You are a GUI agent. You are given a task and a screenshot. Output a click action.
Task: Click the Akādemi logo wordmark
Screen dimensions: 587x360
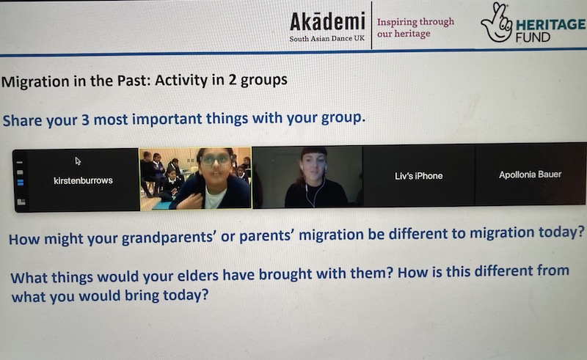click(327, 22)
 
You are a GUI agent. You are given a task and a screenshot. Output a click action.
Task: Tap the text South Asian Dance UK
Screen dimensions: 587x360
click(327, 38)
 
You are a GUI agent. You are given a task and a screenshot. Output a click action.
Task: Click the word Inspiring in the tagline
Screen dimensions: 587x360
click(394, 23)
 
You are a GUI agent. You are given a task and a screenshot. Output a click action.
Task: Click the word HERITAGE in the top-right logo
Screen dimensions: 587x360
click(551, 25)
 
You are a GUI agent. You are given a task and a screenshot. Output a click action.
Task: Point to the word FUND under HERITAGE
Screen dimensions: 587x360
click(533, 37)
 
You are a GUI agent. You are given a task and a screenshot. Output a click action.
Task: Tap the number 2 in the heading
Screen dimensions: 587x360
click(233, 80)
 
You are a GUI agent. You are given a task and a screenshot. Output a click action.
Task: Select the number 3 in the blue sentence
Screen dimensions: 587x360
click(85, 120)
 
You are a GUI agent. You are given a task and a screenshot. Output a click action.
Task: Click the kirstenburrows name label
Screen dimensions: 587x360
click(83, 181)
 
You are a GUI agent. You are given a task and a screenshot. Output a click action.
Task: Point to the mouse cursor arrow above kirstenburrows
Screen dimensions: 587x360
click(78, 161)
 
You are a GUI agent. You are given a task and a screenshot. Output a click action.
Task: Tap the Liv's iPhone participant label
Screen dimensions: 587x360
click(418, 176)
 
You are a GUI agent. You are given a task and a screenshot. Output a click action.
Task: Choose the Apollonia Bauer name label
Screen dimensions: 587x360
click(530, 175)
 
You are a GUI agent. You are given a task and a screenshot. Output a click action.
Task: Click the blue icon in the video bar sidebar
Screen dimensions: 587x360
click(21, 183)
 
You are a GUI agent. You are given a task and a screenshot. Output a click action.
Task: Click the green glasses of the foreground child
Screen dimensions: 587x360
click(215, 160)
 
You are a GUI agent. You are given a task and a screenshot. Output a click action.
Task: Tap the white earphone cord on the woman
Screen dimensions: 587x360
click(309, 194)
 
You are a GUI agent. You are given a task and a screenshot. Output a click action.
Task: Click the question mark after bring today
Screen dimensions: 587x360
click(205, 295)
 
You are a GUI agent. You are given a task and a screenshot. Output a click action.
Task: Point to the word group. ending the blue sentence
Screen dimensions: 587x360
click(343, 117)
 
